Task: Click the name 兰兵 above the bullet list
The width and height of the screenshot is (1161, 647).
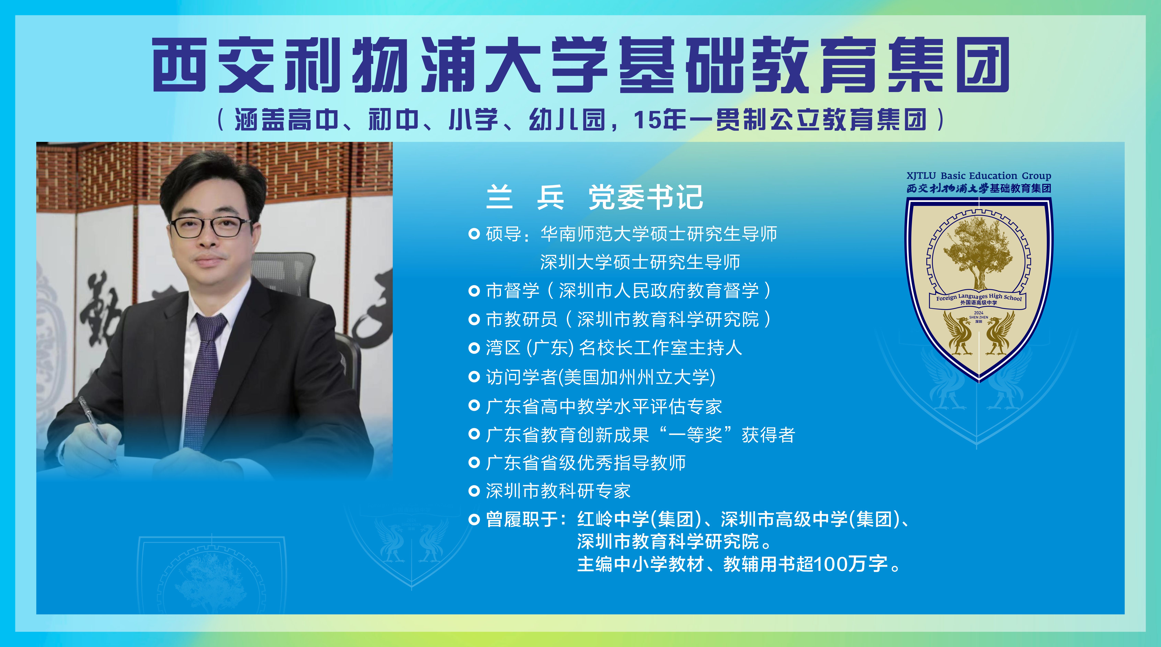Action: [x=525, y=197]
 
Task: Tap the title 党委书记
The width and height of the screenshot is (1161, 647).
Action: [x=646, y=197]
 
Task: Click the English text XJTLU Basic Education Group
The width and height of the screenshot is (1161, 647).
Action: [x=978, y=176]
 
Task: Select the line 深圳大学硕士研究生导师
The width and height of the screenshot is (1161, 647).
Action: [x=640, y=262]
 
